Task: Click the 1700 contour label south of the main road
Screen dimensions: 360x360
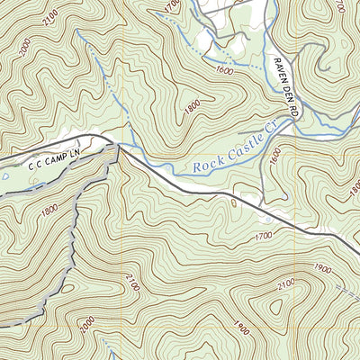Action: (263, 237)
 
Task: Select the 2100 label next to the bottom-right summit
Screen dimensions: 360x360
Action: (284, 283)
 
